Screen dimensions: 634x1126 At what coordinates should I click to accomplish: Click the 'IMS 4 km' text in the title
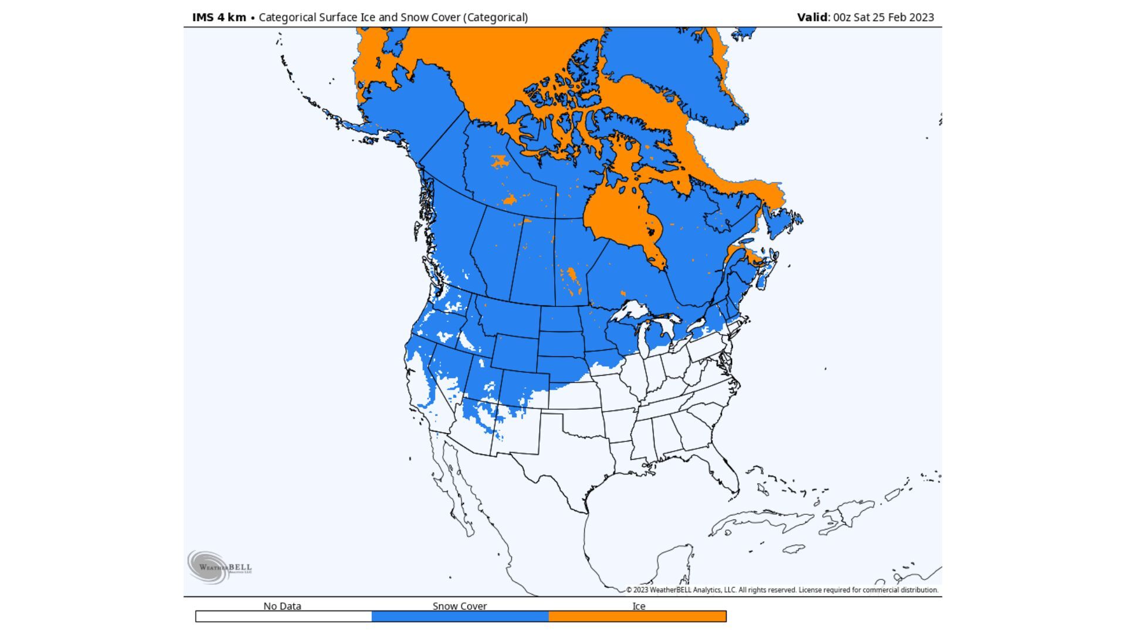coord(219,17)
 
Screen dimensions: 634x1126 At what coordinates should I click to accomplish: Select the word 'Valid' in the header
coord(812,17)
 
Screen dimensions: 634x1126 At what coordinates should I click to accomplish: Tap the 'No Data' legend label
coord(282,606)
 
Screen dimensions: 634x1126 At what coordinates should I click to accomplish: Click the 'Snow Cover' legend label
coord(460,606)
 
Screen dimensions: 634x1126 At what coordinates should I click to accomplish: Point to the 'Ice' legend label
coord(639,606)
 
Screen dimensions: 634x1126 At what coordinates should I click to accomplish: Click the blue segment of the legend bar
coord(460,616)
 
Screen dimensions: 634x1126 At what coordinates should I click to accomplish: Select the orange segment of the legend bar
coord(637,616)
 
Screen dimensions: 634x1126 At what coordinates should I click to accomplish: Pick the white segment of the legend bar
coord(283,616)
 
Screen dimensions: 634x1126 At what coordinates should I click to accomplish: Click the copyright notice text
coord(782,590)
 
